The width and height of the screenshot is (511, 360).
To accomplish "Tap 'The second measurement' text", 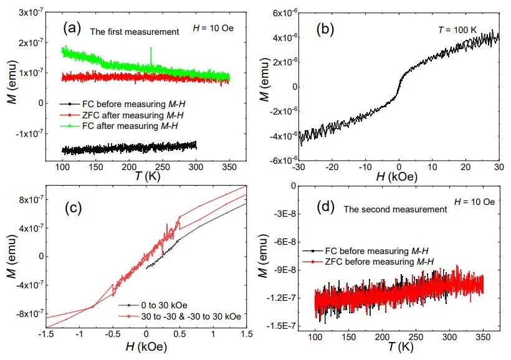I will (395, 209).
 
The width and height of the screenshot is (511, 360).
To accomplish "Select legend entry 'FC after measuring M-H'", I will (133, 128).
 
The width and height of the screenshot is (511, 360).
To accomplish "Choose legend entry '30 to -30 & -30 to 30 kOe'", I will (184, 316).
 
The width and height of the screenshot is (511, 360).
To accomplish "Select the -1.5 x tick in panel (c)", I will (45, 334).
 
